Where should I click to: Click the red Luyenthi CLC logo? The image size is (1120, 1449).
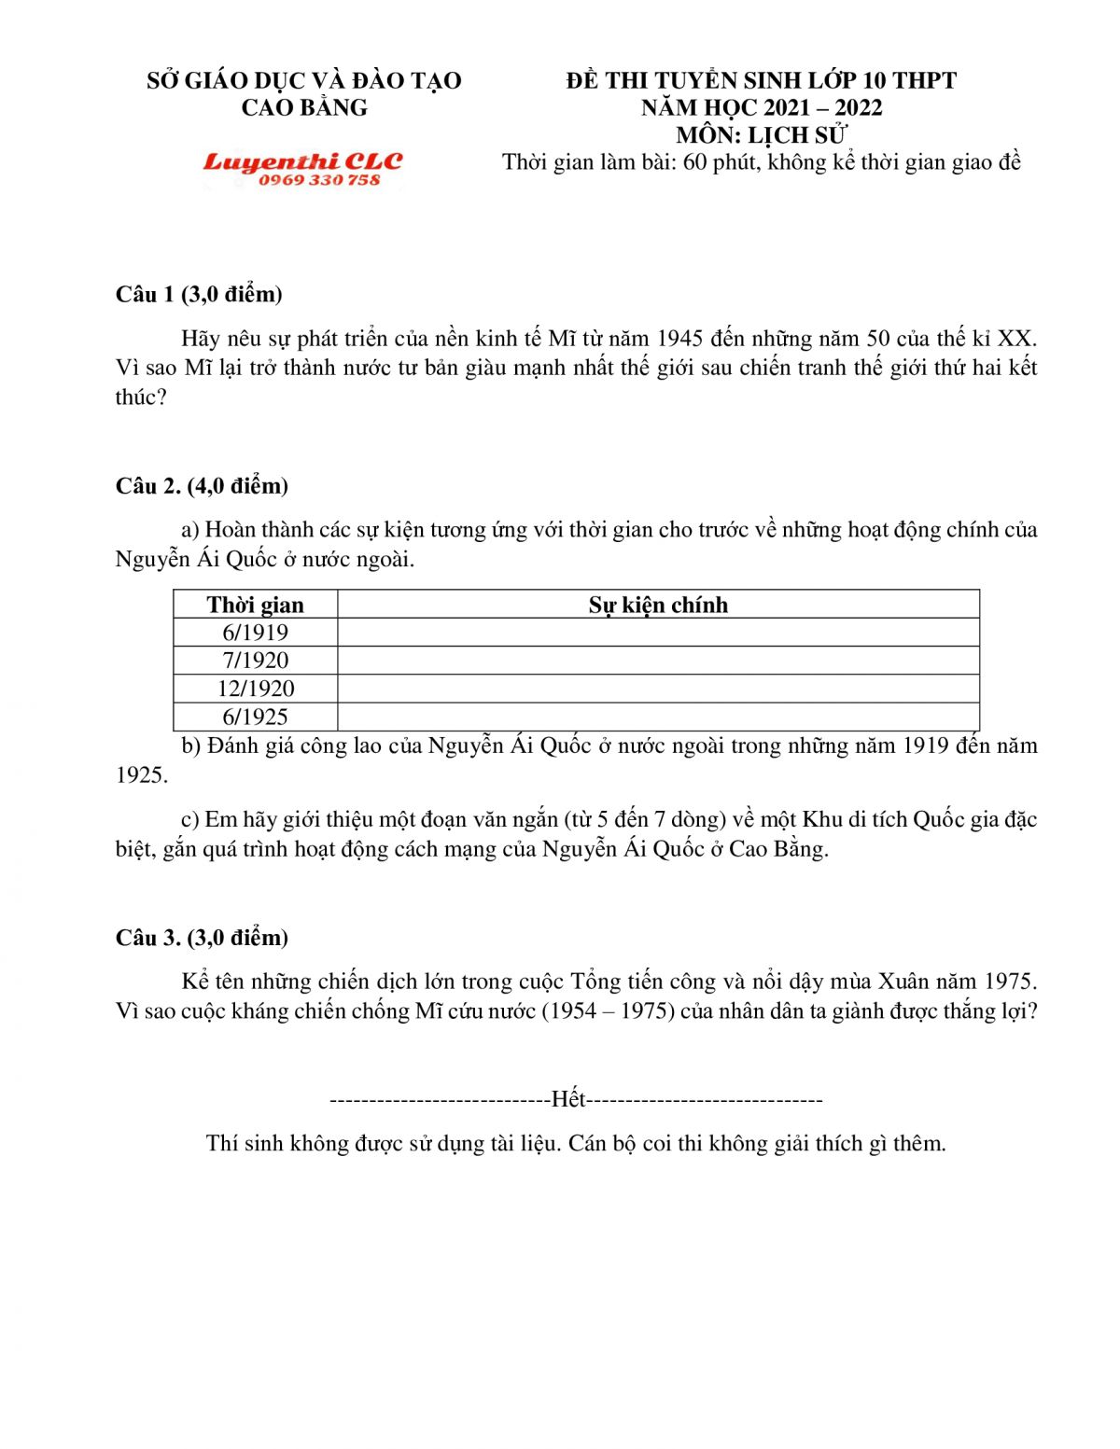[x=302, y=161]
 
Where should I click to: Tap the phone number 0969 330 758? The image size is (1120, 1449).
[x=319, y=180]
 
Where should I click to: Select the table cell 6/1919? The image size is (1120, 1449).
[x=255, y=633]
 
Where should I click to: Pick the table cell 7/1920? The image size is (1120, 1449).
[x=255, y=661]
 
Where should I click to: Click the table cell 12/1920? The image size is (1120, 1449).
[x=255, y=689]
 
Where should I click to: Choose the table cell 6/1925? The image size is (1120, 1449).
[x=255, y=717]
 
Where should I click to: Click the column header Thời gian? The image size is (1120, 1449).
[x=255, y=605]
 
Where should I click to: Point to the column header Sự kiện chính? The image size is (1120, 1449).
[x=658, y=605]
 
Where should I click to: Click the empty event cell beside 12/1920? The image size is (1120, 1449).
[x=658, y=689]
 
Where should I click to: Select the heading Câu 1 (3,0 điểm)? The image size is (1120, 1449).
[x=199, y=295]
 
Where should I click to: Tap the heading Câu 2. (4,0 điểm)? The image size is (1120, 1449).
[x=202, y=486]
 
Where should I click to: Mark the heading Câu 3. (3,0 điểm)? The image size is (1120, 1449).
[x=202, y=938]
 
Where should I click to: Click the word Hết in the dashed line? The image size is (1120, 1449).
[x=568, y=1099]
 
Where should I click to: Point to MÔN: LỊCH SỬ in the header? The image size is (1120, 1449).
[x=762, y=135]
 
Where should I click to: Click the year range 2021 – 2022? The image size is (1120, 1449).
[x=822, y=108]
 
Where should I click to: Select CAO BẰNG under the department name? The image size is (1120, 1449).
[x=304, y=108]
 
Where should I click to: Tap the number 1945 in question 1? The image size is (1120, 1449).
[x=680, y=338]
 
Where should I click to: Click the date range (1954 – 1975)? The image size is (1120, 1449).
[x=608, y=1011]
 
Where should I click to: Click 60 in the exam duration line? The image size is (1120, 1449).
[x=695, y=162]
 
